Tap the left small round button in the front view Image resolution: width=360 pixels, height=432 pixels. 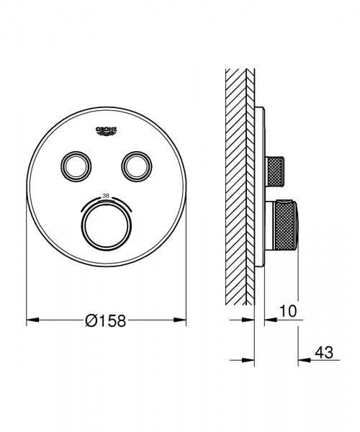tap(76, 167)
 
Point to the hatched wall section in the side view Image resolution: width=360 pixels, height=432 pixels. tap(237, 180)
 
